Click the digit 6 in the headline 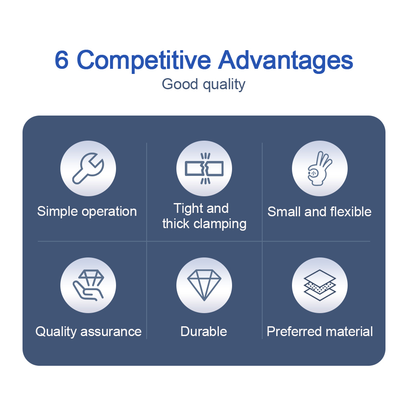[62, 60]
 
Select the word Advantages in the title [286, 61]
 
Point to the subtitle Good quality [204, 85]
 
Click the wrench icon [88, 168]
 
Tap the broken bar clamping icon [204, 168]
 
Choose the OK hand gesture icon [320, 169]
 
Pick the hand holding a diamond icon [88, 285]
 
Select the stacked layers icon [320, 285]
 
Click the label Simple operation [87, 212]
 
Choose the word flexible [351, 212]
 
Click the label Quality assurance [88, 331]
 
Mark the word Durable [204, 331]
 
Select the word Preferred [295, 331]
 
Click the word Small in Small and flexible [284, 212]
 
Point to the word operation [109, 212]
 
